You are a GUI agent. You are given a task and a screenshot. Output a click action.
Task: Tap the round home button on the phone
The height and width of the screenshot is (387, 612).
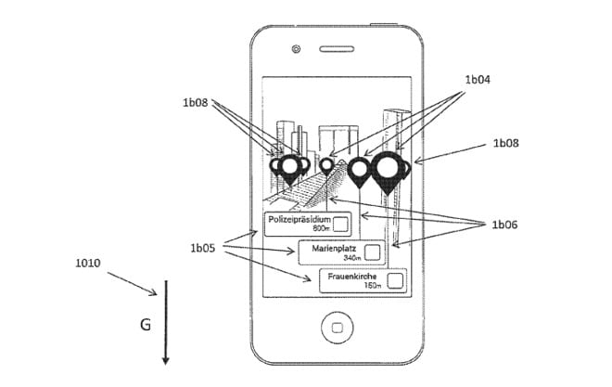pos(335,328)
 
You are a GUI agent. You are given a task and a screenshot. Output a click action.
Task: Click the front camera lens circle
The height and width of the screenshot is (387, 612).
pos(295,48)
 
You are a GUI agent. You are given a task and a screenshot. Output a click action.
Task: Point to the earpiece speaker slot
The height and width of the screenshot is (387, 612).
pos(335,48)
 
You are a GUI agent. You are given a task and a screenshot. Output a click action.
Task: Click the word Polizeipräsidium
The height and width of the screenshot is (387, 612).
pos(299,219)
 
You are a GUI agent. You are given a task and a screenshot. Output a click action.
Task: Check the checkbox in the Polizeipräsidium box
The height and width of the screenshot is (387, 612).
pos(340,224)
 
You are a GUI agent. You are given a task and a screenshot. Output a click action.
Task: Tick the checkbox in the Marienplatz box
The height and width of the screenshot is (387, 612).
pos(372,252)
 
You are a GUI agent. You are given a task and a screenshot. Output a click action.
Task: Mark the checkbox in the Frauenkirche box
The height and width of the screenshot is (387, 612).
pos(395,280)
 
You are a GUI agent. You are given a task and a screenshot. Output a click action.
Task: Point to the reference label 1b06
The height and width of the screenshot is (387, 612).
pos(505,225)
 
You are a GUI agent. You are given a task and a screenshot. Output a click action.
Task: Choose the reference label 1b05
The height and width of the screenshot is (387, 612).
pos(203,248)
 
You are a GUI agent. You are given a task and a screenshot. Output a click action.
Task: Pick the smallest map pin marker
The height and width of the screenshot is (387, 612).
pos(326,165)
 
